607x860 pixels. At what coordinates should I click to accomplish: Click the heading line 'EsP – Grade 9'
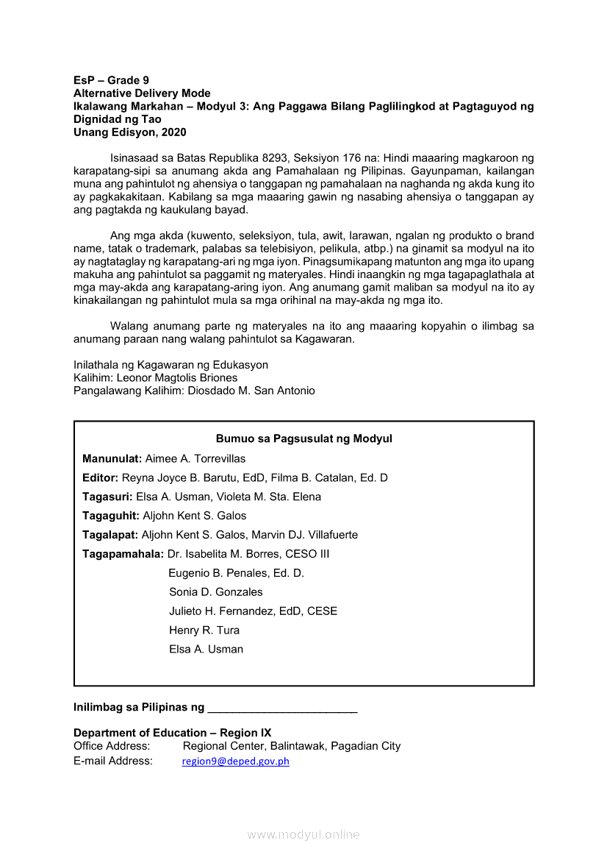click(x=111, y=80)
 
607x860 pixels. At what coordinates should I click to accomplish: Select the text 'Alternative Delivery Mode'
click(x=142, y=93)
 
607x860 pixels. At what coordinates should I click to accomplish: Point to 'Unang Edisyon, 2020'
click(x=130, y=133)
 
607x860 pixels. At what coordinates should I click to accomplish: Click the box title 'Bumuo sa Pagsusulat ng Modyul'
click(x=303, y=439)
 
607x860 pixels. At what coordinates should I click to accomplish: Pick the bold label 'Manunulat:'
click(x=112, y=459)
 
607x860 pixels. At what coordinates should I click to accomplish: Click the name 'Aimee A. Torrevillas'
click(x=195, y=459)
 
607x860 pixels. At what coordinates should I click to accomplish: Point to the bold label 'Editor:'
click(x=101, y=478)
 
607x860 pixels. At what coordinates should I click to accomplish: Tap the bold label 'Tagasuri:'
click(x=107, y=497)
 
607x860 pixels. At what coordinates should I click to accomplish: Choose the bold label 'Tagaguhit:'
click(x=111, y=516)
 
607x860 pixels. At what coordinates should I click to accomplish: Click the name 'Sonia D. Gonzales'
click(x=215, y=592)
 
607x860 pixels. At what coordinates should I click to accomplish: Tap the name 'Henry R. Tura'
click(x=204, y=630)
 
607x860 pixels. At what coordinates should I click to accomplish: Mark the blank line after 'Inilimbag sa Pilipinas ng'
click(x=282, y=708)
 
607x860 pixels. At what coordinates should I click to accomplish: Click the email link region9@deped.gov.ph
click(x=235, y=762)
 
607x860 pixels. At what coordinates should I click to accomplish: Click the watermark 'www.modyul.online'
click(x=303, y=835)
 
